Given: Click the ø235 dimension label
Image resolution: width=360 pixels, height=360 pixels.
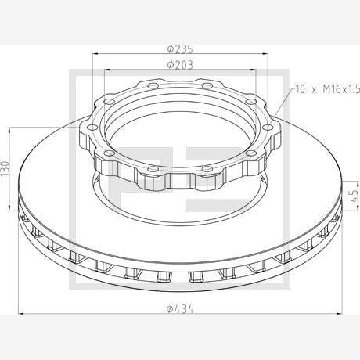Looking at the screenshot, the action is pyautogui.click(x=180, y=49).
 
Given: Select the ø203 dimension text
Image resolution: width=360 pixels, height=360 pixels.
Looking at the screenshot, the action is pyautogui.click(x=180, y=65).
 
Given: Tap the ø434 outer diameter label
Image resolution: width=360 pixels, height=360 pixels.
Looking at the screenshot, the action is pyautogui.click(x=180, y=309).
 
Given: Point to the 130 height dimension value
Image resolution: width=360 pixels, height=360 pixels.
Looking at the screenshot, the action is pyautogui.click(x=5, y=168).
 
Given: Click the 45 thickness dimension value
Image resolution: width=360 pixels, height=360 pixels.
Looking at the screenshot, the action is pyautogui.click(x=355, y=196).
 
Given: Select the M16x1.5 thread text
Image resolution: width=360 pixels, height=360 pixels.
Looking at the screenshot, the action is pyautogui.click(x=341, y=89).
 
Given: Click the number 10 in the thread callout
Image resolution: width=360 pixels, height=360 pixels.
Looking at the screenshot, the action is pyautogui.click(x=301, y=89).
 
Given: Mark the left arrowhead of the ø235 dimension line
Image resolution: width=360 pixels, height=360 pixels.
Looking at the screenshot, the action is pyautogui.click(x=95, y=54).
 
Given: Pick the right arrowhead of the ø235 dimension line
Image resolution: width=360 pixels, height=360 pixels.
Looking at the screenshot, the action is pyautogui.click(x=265, y=54).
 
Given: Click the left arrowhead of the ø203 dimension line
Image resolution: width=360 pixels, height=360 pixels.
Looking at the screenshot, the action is pyautogui.click(x=107, y=70).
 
